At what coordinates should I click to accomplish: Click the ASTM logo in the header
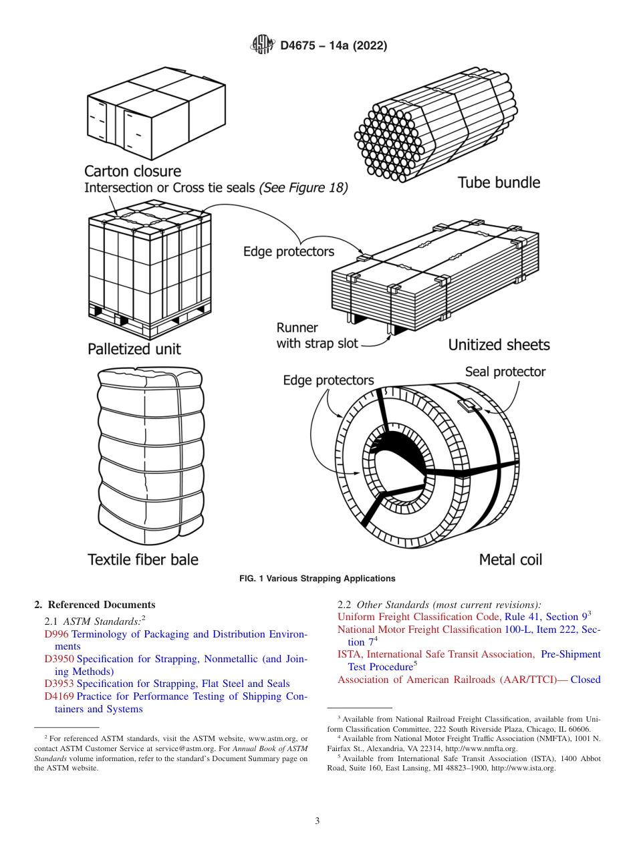(261, 45)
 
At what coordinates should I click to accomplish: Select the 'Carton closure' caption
(132, 171)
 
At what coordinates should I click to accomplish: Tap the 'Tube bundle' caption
(499, 182)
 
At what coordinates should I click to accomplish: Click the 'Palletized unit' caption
(134, 349)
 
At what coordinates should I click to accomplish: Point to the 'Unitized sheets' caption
(499, 345)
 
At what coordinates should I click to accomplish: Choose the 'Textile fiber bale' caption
(143, 559)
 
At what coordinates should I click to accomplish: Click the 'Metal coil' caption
(511, 559)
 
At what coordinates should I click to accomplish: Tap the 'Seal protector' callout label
(505, 372)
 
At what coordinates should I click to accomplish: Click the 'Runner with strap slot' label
(317, 336)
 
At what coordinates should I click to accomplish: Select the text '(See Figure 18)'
(303, 188)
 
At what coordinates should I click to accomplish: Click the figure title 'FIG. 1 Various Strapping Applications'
(317, 579)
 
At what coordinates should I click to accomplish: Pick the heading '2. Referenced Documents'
(95, 605)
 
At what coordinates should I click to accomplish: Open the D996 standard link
(56, 634)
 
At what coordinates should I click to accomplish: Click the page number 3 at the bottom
(317, 821)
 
